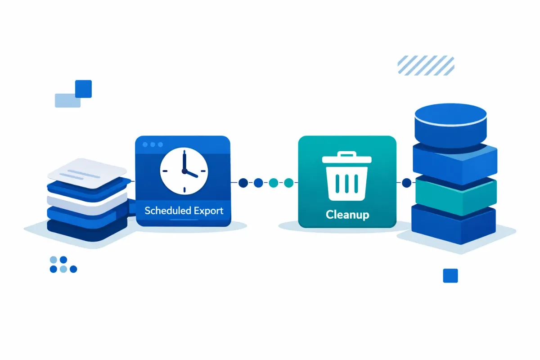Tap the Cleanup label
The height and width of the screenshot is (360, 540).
(347, 214)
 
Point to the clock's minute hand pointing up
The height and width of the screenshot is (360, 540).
(184, 161)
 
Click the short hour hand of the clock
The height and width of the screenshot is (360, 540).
(191, 175)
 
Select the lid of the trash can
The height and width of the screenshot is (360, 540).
(347, 158)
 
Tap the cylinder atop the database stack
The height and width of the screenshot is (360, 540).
(450, 122)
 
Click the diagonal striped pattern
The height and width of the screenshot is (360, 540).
(426, 65)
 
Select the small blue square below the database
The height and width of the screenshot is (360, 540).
(450, 275)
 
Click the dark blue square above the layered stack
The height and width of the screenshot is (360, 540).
(84, 88)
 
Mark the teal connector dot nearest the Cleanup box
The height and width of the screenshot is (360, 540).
(288, 183)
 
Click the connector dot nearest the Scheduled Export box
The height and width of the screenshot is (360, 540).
(243, 183)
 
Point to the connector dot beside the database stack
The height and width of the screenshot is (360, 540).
(406, 183)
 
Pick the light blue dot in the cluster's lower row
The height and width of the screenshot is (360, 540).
(63, 269)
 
